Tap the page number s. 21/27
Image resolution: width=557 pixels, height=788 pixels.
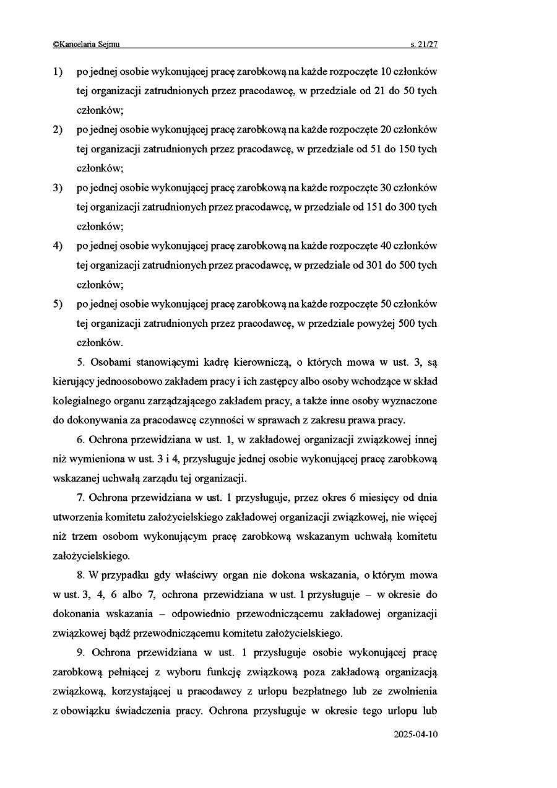[x=423, y=44]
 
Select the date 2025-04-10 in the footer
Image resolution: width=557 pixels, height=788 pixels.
[x=415, y=735]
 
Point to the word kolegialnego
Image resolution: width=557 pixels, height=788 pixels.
[x=81, y=401]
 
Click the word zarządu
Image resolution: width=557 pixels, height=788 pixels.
[x=163, y=478]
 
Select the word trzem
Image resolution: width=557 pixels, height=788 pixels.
[x=84, y=537]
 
